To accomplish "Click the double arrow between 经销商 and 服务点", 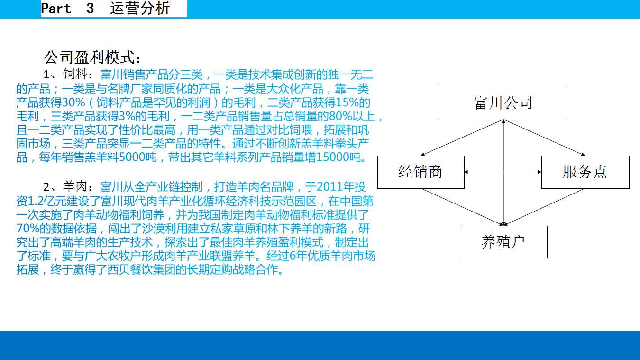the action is coord(503,172).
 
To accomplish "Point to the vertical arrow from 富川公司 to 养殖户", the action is coord(503,173).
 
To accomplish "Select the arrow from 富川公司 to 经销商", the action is coord(462,138).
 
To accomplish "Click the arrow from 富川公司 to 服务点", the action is coord(545,138).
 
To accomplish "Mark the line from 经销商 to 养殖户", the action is coord(462,207).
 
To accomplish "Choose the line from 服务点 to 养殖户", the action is coord(544,207).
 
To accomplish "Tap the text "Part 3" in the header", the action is coord(67,8).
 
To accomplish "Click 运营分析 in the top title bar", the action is coord(140,8).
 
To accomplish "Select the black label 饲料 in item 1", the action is coord(75,74).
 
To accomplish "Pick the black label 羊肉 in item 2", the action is coord(75,186).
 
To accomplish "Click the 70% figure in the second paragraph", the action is coord(27,228).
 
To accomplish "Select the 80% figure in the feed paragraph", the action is coord(340,116).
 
